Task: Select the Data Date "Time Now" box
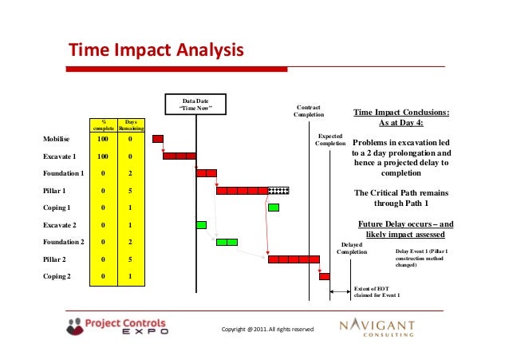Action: coord(195,104)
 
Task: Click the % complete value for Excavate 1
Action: coord(102,156)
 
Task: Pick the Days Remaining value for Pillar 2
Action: coord(131,259)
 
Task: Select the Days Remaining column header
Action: coord(131,125)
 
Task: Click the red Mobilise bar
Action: coord(158,139)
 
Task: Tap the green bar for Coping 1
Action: coord(274,208)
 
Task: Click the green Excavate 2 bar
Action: coord(190,225)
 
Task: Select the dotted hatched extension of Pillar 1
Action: coord(278,191)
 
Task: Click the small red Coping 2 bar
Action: coord(325,277)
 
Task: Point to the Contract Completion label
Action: coord(309,110)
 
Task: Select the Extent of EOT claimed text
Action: coord(377,291)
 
